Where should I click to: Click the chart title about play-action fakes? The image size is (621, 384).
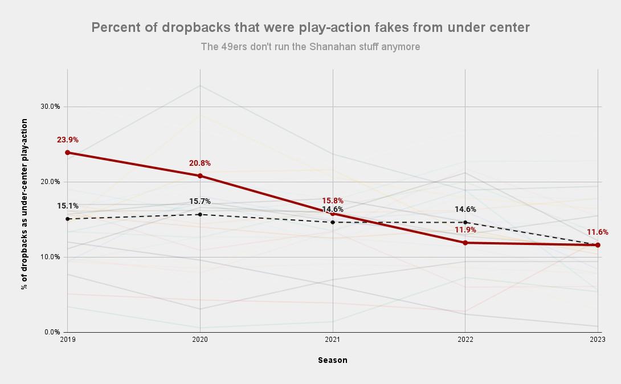click(x=310, y=27)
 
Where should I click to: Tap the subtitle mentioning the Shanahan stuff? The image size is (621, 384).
click(x=310, y=47)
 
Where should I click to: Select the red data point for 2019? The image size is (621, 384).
click(x=67, y=153)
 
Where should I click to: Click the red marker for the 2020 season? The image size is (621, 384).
click(x=200, y=176)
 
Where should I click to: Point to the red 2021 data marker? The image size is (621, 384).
click(x=333, y=214)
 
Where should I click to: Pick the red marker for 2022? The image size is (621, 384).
click(x=465, y=243)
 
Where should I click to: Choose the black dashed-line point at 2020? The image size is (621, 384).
click(x=200, y=214)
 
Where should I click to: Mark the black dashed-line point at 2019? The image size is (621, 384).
click(x=67, y=219)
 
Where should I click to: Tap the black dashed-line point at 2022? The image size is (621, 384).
click(x=465, y=223)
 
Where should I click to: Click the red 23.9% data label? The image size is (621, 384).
click(x=67, y=140)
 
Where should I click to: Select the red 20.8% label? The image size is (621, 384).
click(x=200, y=164)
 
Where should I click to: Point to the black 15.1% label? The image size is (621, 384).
click(x=67, y=206)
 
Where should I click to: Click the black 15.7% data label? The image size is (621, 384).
click(x=200, y=202)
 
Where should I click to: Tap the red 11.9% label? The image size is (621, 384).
click(x=465, y=230)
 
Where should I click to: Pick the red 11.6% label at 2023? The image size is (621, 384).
click(x=598, y=232)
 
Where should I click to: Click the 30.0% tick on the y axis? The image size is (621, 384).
click(x=51, y=107)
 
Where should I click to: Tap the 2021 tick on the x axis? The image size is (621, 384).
click(x=333, y=340)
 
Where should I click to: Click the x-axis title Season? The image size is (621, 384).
click(x=333, y=360)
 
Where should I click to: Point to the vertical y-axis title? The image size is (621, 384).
click(x=24, y=204)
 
